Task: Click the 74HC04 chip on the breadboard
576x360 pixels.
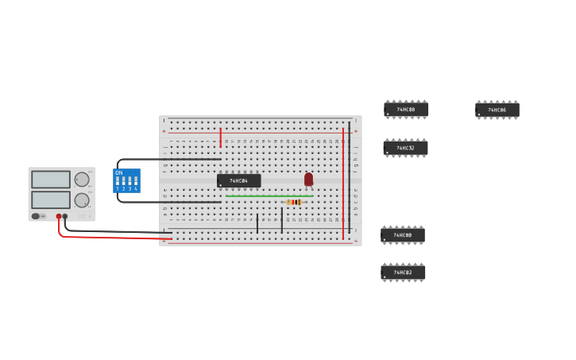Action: click(238, 181)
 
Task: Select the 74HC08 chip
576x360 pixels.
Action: click(406, 110)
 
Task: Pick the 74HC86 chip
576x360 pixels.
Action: click(497, 110)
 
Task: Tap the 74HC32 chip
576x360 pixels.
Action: click(405, 148)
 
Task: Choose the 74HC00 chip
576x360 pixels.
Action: click(403, 235)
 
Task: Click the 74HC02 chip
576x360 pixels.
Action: click(403, 273)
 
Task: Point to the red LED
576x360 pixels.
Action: click(308, 180)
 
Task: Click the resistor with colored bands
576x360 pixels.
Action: click(293, 202)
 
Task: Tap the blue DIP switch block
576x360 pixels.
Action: click(127, 181)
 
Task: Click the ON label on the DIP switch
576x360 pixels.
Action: click(119, 172)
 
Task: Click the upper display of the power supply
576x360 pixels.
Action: click(51, 180)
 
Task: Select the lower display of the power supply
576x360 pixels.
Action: click(51, 199)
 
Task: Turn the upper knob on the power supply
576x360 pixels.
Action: click(82, 180)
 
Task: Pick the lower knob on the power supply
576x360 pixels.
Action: click(82, 200)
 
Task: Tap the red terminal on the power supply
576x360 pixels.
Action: click(59, 216)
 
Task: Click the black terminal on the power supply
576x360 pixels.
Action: click(65, 216)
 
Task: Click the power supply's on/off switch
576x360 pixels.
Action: click(37, 216)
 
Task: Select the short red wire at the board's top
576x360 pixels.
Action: click(220, 137)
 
